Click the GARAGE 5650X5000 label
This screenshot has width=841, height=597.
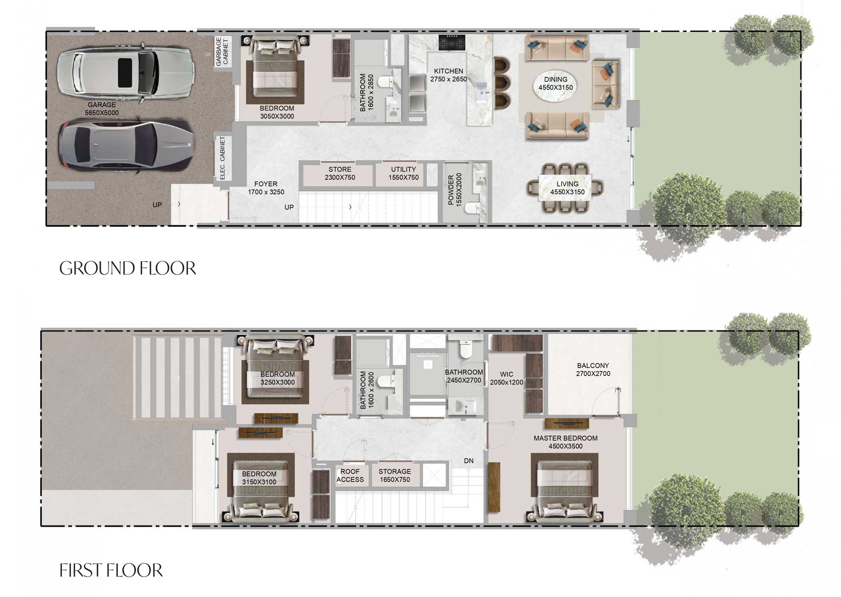[x=102, y=109]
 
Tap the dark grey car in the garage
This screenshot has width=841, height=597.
[x=126, y=144]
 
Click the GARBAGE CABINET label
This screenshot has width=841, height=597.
[x=222, y=51]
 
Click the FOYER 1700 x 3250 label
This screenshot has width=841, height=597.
[x=266, y=188]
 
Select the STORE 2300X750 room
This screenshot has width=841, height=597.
[x=340, y=173]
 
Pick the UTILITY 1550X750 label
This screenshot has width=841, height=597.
[x=403, y=173]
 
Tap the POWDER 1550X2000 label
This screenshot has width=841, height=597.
[x=454, y=190]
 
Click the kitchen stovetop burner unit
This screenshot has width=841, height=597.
[x=452, y=42]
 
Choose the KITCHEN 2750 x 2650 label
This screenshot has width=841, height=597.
[x=448, y=75]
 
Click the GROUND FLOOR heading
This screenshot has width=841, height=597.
[x=127, y=269]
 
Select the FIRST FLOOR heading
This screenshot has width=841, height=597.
[x=111, y=571]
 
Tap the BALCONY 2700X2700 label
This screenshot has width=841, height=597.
[x=593, y=370]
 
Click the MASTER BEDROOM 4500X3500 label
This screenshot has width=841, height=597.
[x=565, y=442]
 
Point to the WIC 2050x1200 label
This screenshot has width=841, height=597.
[x=506, y=378]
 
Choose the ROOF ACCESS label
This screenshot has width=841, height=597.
[x=350, y=475]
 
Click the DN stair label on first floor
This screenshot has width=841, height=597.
[x=468, y=461]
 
